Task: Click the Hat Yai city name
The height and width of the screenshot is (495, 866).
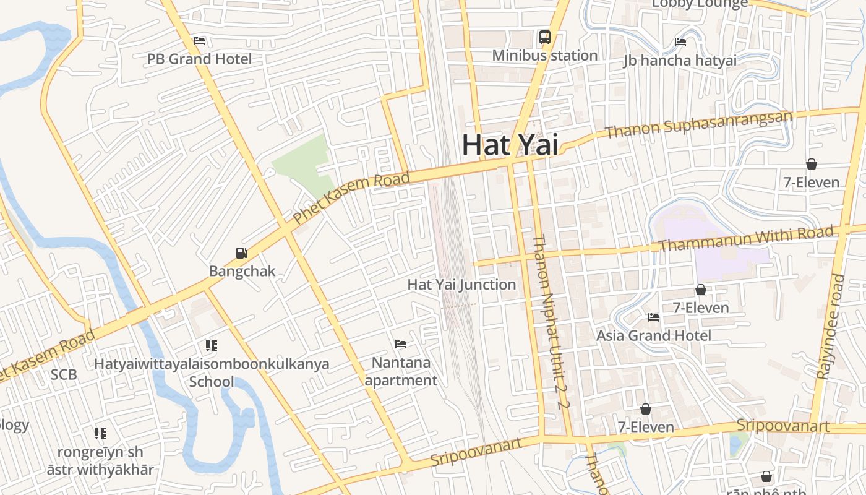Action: [x=510, y=145]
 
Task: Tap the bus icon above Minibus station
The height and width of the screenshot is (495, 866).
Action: [x=544, y=37]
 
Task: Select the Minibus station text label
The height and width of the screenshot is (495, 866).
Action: [x=544, y=56]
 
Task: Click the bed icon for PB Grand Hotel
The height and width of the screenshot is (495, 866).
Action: [x=199, y=41]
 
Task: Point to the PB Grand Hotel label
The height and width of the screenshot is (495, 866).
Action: [x=199, y=59]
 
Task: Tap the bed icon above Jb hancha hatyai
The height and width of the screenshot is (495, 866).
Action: [x=680, y=42]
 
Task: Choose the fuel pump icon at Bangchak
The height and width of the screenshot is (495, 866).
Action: [x=242, y=252]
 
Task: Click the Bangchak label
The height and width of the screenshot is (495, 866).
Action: [x=242, y=271]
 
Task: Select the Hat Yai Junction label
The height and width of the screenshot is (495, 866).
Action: [x=461, y=285]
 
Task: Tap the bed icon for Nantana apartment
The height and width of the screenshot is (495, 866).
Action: [x=401, y=343]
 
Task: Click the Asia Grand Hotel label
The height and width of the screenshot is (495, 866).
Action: [x=654, y=335]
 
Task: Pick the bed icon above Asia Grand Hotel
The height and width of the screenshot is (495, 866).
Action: [x=654, y=317]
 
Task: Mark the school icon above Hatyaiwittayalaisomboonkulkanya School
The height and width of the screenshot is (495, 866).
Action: [x=212, y=345]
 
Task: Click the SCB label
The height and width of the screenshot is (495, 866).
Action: [x=64, y=374]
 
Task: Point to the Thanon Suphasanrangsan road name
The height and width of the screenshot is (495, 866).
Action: [x=698, y=124]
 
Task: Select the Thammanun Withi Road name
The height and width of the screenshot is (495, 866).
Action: [x=745, y=239]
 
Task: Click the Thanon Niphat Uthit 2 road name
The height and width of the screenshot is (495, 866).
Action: [x=549, y=322]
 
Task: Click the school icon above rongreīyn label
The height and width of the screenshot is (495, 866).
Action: [x=100, y=433]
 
